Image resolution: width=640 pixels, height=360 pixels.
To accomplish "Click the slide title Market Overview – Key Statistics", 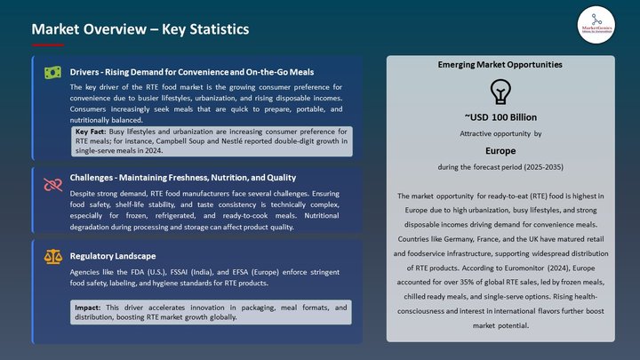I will (x=140, y=29).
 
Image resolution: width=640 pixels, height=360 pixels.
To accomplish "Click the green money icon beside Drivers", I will (x=53, y=72).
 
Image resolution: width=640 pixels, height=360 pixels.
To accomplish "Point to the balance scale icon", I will (x=53, y=257).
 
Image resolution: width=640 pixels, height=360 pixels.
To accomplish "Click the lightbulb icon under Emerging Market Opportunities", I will (x=500, y=92).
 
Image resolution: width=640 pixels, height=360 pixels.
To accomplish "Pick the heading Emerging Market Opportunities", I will (x=500, y=65).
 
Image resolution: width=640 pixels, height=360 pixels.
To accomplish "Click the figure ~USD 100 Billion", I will (x=500, y=117).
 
